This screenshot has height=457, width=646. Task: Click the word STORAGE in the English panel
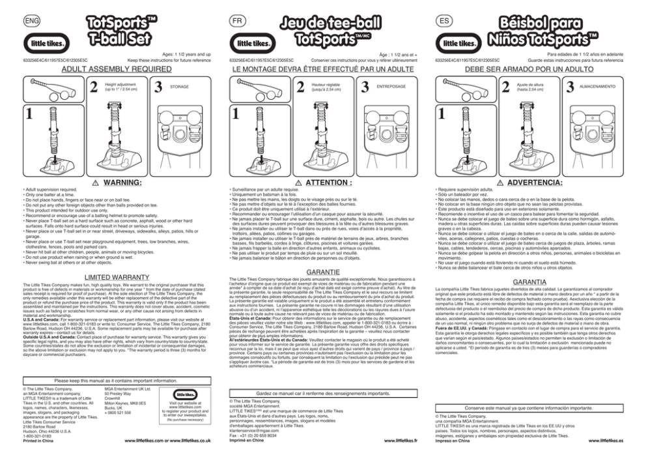(179, 86)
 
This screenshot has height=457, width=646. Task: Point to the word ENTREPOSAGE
(391, 86)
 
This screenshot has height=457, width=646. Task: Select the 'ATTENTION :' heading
(329, 183)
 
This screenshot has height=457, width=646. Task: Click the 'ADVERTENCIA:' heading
(541, 183)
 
